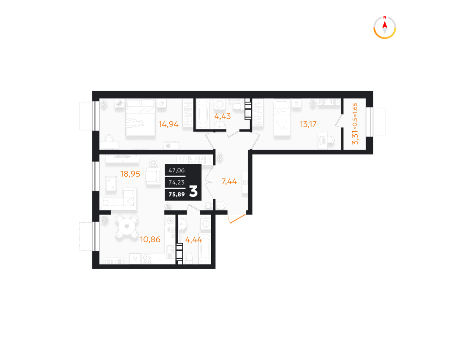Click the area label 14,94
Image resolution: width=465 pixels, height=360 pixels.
(168, 124)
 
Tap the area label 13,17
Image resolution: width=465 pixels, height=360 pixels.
(308, 124)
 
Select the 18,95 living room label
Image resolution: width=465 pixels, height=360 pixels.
(130, 174)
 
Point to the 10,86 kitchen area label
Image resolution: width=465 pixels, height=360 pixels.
(150, 239)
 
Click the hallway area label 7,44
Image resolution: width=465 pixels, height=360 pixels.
(229, 181)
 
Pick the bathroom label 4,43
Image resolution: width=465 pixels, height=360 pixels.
(223, 116)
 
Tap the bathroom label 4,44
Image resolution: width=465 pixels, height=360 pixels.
(193, 239)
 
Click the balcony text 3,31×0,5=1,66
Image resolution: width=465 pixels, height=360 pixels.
(355, 124)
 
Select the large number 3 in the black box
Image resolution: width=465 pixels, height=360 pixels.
(193, 191)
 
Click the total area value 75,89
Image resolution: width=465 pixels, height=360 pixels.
(176, 194)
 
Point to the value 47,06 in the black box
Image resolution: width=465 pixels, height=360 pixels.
(176, 170)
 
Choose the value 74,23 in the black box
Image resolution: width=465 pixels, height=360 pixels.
(176, 182)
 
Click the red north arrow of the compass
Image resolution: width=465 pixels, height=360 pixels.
(385, 24)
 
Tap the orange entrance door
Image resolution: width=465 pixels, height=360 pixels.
(237, 219)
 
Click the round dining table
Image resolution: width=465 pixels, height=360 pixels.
(127, 227)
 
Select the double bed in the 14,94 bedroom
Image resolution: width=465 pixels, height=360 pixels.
(140, 118)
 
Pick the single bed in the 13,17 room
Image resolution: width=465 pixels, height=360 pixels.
(282, 118)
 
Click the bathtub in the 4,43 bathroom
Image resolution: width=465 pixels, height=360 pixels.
(203, 114)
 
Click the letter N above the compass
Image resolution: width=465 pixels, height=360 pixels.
(385, 17)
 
